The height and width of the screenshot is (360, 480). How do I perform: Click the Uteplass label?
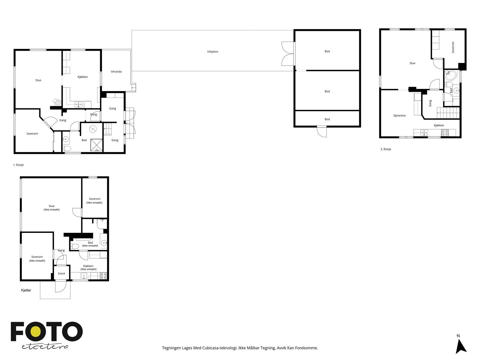212,52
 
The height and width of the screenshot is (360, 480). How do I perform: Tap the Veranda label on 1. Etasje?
116,72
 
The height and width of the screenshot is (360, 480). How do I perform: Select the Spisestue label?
399,115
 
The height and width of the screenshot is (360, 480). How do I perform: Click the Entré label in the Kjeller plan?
61,274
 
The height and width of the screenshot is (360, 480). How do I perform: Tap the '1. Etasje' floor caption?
18,165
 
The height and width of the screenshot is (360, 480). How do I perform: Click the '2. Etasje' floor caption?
386,149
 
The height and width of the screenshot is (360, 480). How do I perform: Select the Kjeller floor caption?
26,290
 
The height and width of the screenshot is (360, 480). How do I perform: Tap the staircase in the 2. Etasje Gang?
448,113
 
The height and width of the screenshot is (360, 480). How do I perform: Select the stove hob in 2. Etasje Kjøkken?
445,133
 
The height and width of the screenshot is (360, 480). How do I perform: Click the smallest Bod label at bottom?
327,119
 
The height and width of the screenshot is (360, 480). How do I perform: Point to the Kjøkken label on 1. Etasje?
82,77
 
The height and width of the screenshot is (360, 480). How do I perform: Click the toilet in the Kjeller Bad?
75,247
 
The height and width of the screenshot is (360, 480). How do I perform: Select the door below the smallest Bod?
322,131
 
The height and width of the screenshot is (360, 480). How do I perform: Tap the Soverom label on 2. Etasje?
453,47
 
